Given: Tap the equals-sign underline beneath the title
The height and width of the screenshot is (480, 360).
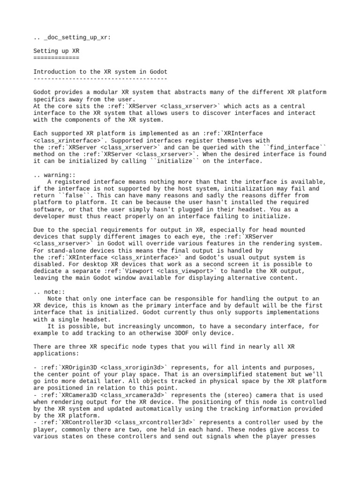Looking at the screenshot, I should [56, 58].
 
